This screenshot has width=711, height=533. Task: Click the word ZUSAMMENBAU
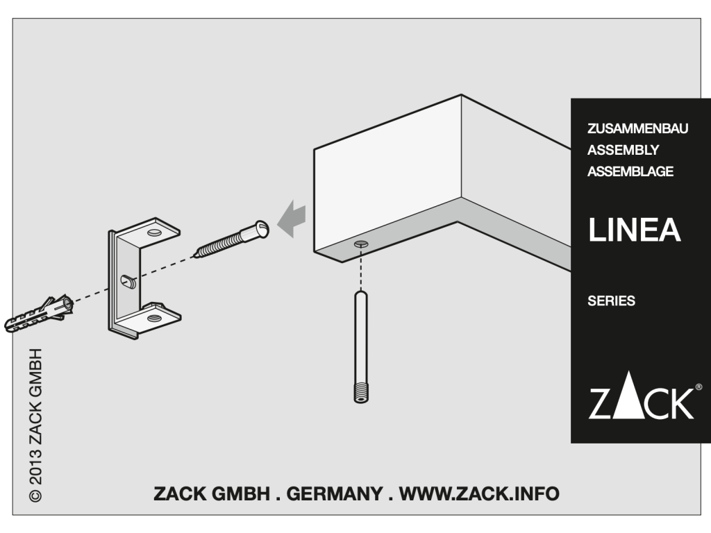click(x=637, y=128)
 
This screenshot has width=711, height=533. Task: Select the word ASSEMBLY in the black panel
click(x=623, y=150)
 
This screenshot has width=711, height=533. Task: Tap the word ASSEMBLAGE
click(x=630, y=171)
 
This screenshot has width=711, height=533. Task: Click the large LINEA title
click(x=635, y=230)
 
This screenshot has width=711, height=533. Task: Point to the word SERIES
click(x=611, y=301)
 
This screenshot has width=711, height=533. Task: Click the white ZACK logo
click(x=641, y=395)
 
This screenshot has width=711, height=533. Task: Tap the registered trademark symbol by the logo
click(x=699, y=387)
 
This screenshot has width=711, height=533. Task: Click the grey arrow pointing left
click(x=291, y=218)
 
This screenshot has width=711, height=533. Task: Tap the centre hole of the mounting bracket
click(x=128, y=281)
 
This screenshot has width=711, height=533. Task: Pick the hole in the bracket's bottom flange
click(x=153, y=318)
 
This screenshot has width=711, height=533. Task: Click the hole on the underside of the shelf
click(x=361, y=244)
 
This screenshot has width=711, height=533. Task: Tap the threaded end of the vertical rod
click(x=361, y=393)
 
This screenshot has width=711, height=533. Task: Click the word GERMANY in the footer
click(x=334, y=493)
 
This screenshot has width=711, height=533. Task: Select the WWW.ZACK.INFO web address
click(x=479, y=493)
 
